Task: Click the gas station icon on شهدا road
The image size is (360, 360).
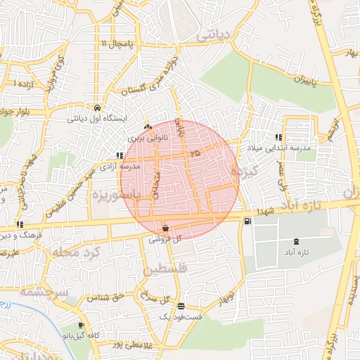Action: [247, 221]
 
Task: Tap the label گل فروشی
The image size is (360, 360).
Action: [165, 239]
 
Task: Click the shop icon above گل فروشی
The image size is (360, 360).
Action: [165, 228]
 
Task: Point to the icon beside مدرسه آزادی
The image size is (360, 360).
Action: [118, 155]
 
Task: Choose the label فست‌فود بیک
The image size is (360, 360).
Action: [182, 317]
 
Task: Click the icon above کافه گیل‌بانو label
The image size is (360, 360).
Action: [82, 325]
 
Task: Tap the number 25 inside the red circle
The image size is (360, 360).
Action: [195, 153]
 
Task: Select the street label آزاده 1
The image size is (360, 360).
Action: [25, 84]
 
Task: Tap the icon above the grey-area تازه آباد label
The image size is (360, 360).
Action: [294, 241]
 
